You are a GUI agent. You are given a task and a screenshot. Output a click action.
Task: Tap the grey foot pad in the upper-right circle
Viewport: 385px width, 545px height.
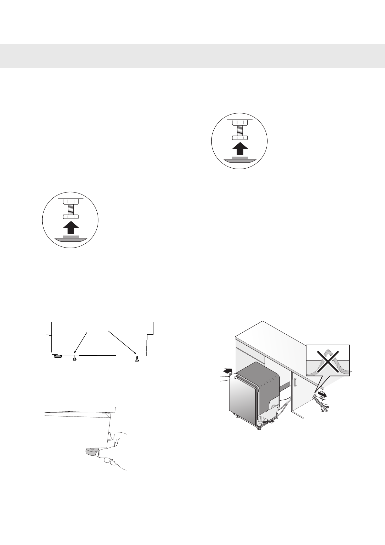240,160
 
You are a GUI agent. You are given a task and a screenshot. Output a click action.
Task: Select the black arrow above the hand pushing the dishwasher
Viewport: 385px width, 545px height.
228,370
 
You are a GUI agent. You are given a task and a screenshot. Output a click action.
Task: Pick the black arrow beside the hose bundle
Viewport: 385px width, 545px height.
322,394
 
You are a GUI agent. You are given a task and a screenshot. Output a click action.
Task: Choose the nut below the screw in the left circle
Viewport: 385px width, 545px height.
71,217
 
